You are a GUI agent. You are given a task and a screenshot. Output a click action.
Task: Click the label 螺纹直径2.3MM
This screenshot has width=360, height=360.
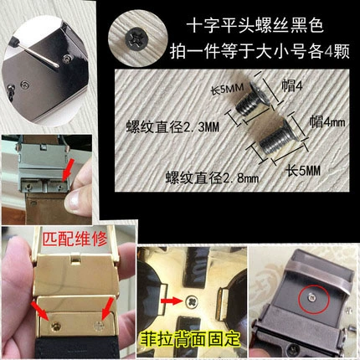[172, 127]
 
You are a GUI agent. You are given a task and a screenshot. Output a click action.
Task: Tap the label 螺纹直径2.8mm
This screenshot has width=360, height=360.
[212, 177]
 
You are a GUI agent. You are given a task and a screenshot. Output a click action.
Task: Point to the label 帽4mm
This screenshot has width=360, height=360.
[327, 122]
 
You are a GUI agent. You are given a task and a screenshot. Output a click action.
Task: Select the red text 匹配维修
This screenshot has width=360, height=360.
[75, 239]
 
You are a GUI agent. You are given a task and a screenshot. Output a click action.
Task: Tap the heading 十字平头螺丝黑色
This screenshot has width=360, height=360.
[255, 27]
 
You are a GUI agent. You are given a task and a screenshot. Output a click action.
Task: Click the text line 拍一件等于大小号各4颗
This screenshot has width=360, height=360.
[260, 51]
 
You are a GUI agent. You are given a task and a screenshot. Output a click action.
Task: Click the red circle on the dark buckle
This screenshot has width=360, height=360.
[314, 299]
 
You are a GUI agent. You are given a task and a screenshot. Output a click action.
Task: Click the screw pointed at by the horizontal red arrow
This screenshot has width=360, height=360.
[192, 301]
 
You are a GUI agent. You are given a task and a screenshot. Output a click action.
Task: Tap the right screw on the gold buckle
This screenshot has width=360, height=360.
[99, 325]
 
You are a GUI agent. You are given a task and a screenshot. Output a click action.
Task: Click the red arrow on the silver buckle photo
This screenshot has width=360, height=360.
[66, 170]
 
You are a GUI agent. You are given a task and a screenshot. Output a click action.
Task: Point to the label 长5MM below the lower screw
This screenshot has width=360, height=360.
[303, 170]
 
